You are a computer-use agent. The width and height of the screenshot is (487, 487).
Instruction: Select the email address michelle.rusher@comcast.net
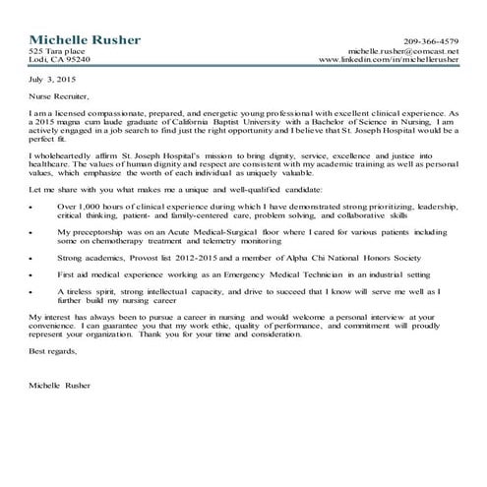pos(403,50)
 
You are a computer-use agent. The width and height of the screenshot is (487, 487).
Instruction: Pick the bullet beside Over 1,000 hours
pos(34,208)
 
